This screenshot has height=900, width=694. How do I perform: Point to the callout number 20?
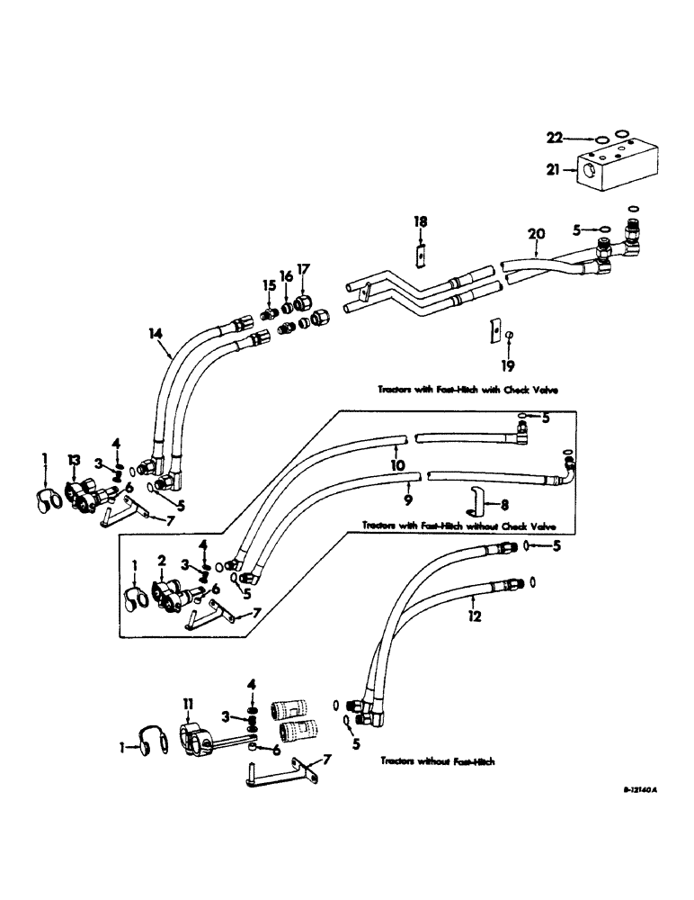point(537,233)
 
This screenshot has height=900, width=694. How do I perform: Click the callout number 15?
point(266,285)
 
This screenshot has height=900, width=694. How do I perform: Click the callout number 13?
point(74,461)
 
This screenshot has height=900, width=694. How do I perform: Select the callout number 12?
point(475,616)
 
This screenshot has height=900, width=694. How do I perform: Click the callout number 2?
point(162,560)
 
